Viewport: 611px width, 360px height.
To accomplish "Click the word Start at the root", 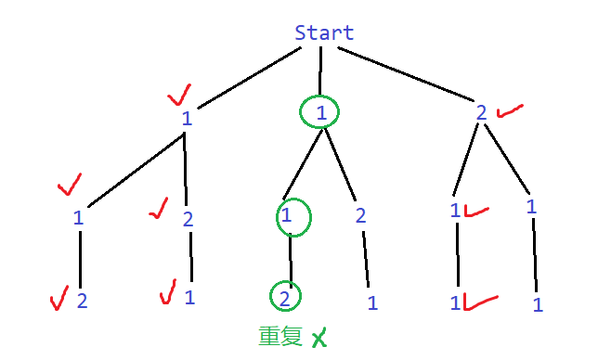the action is click(x=324, y=32).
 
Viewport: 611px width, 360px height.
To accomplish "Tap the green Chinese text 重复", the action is click(x=280, y=336).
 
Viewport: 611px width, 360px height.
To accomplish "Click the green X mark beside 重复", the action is click(x=319, y=338).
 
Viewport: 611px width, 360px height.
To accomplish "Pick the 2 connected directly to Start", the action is click(x=481, y=113).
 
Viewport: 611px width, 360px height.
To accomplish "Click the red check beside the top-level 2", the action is click(x=510, y=111).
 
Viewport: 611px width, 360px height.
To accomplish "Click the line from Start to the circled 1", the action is click(x=320, y=71).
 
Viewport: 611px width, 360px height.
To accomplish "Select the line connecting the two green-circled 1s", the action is click(x=303, y=163).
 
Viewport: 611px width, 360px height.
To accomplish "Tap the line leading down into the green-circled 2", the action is click(x=291, y=261).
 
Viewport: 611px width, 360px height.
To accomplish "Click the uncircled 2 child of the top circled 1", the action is click(x=360, y=215).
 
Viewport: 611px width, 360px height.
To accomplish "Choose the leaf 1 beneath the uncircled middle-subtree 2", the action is click(x=372, y=302).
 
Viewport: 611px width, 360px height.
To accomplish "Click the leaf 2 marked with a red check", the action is click(x=82, y=301).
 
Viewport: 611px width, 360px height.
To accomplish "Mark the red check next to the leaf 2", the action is click(x=58, y=298).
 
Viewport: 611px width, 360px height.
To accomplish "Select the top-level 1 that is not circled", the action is click(x=187, y=119).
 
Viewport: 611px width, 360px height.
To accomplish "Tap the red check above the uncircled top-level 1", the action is click(x=179, y=95).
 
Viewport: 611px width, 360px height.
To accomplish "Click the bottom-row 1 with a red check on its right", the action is click(x=455, y=302).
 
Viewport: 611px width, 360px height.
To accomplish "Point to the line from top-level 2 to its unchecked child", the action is click(x=507, y=159).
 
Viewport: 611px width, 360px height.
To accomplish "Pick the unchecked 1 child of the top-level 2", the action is click(x=531, y=207).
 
